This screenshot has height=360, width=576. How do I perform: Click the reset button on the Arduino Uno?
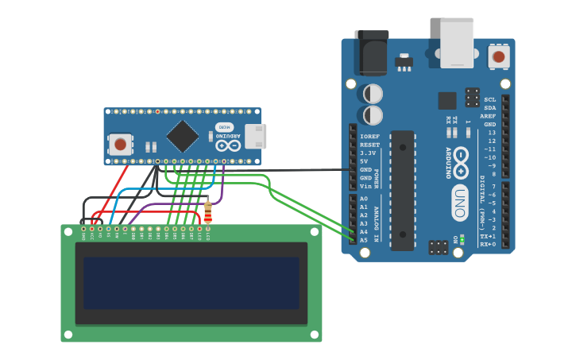498,56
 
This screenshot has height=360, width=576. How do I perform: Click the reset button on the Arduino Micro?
120,144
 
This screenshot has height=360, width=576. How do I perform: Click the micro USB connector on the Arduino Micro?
255,137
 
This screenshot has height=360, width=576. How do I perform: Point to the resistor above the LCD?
208,212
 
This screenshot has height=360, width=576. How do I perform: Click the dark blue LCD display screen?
191,283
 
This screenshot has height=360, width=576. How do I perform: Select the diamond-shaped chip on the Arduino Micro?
182,137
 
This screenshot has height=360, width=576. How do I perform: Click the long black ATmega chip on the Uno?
402,190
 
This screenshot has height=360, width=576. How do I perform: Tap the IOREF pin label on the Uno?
369,137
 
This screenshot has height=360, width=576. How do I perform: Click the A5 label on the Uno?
364,240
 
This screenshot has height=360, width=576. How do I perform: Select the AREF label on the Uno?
488,116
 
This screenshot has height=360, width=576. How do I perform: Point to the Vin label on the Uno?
365,186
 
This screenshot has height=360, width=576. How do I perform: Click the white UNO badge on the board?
460,202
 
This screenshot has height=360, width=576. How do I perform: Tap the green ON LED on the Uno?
462,238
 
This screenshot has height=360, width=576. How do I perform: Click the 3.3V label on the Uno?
368,153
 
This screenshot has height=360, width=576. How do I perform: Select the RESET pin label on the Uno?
369,145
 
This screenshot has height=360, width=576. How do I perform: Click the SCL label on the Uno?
489,99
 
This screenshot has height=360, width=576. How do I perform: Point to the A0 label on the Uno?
364,199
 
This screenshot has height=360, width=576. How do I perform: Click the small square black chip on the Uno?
447,100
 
